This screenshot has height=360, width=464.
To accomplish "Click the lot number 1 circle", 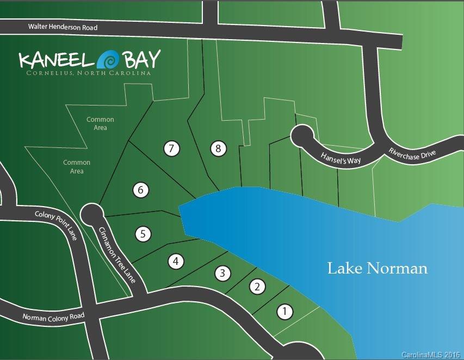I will (284, 312).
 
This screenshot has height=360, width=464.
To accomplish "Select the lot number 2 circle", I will (257, 287).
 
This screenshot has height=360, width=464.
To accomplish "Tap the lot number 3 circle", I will (222, 274).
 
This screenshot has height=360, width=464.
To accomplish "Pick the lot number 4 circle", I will (175, 261).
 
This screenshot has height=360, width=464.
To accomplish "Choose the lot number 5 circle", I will (143, 234).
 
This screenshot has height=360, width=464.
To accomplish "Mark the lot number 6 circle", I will (140, 190).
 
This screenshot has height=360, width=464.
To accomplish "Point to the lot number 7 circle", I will (171, 148).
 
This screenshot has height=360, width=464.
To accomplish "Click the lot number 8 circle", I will (218, 148).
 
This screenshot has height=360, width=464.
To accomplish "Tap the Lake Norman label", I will (377, 268).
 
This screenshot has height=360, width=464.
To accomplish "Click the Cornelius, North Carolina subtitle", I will (89, 73).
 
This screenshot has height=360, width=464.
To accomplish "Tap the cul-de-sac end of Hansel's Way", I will (302, 136).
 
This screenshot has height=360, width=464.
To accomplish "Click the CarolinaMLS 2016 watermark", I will (431, 355).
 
